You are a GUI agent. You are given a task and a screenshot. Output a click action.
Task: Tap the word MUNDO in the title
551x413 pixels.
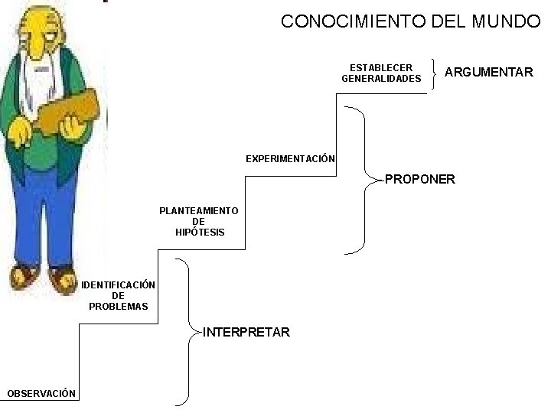point(500,21)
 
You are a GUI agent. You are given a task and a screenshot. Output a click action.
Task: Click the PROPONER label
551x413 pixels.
point(419,180)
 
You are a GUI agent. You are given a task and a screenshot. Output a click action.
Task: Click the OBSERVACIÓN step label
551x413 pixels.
point(41,393)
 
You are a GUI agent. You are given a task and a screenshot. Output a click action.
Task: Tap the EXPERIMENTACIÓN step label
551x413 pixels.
point(290,159)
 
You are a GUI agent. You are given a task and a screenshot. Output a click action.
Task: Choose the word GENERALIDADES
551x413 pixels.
point(381,79)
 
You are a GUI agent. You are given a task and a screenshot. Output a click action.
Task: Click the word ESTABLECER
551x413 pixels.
point(380,68)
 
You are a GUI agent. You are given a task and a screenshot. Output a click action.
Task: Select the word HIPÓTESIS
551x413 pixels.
point(198,232)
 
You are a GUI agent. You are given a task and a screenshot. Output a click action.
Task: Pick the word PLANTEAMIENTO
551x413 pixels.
point(198,210)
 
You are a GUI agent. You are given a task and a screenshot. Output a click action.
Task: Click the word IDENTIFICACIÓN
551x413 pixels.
point(119,285)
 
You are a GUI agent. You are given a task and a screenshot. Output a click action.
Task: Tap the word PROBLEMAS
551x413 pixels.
point(119,307)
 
